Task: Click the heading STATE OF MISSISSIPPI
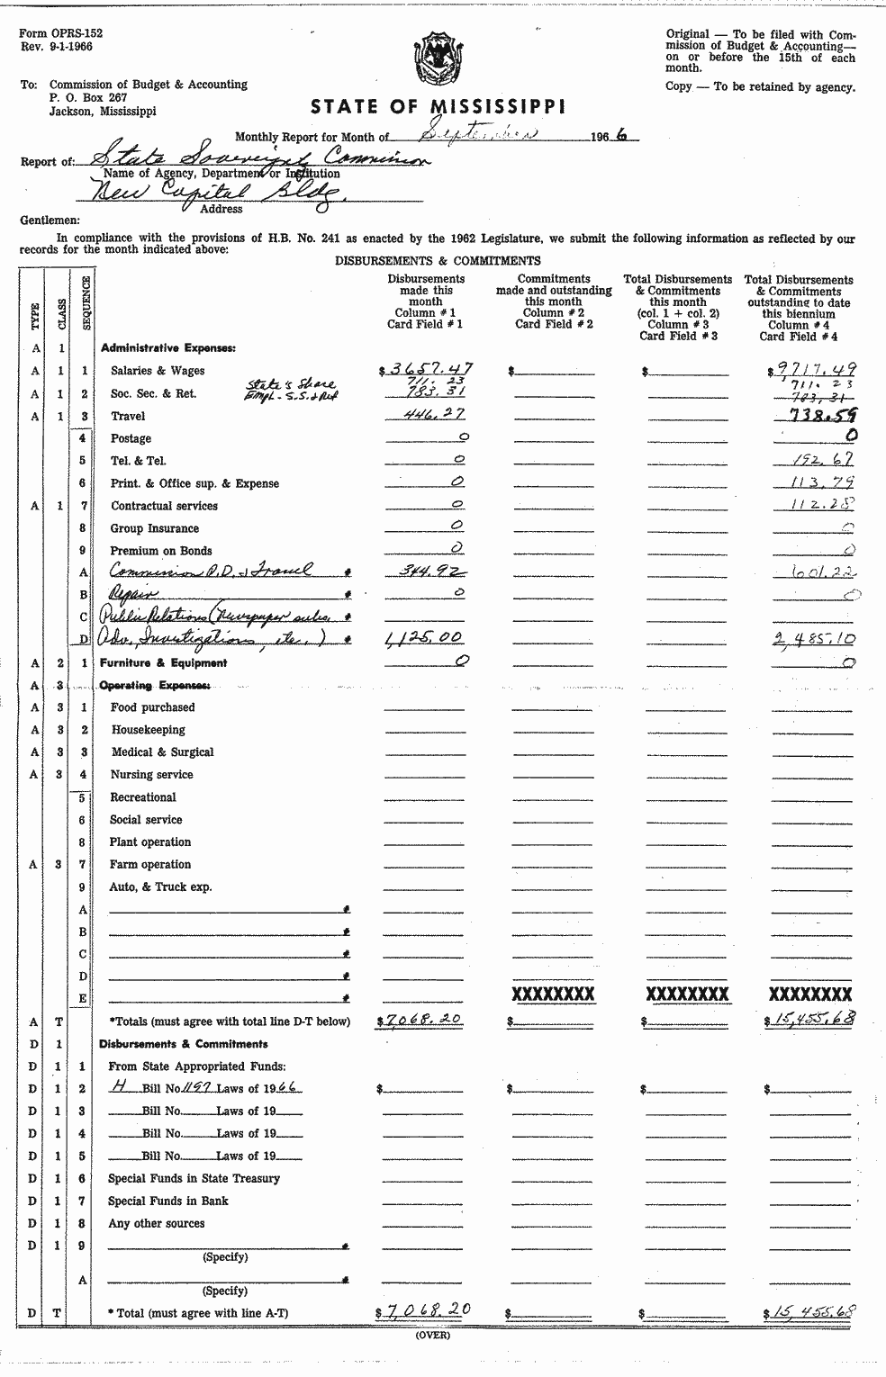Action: coord(438,107)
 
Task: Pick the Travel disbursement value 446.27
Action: coord(427,414)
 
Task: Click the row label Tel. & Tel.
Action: coord(138,461)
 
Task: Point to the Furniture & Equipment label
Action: coord(163,663)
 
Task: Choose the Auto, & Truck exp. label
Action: coord(160,887)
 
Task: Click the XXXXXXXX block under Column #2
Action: coord(553,994)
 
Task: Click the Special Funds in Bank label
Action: coord(167,1201)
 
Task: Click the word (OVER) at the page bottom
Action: coord(438,1335)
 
